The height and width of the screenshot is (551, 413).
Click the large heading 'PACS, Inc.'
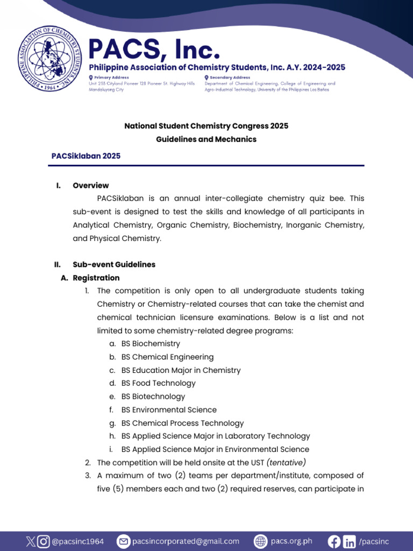(x=154, y=50)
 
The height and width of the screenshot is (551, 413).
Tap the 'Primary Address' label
(x=112, y=77)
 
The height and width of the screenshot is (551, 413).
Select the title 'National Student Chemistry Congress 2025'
(x=206, y=126)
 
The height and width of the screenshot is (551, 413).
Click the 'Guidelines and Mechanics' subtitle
(x=206, y=139)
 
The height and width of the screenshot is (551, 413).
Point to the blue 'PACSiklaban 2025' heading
(x=86, y=156)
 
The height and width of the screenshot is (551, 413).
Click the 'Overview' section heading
(x=91, y=186)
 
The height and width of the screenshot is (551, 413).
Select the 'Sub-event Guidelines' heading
(x=114, y=265)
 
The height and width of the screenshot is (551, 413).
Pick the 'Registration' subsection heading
(x=96, y=278)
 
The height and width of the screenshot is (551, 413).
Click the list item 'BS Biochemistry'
(x=151, y=344)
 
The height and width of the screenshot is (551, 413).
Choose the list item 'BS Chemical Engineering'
(x=167, y=357)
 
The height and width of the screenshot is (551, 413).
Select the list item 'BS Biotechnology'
(x=153, y=397)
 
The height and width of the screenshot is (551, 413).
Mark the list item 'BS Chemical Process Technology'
(x=182, y=423)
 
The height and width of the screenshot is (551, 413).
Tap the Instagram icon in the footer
(x=43, y=541)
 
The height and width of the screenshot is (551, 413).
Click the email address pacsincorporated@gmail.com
(x=186, y=541)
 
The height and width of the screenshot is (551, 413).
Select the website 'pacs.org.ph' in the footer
(x=291, y=541)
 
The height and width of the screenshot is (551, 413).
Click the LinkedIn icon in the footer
(x=350, y=541)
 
